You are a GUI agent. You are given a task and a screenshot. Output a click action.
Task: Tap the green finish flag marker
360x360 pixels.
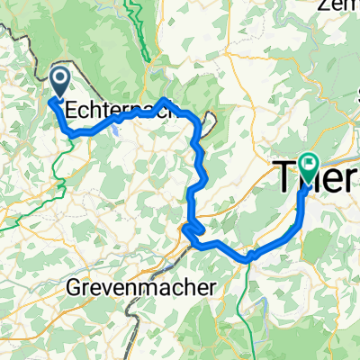pos(310,164)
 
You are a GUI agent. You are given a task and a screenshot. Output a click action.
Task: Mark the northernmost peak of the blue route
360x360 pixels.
pos(165,100)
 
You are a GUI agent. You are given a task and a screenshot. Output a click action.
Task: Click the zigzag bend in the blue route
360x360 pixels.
pos(190,233)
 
